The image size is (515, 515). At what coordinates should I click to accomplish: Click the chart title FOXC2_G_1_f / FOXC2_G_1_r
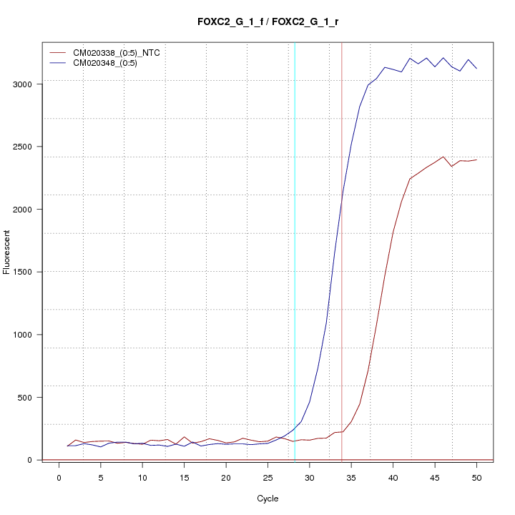coord(268,21)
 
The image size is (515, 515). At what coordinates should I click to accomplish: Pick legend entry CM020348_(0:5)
coord(110,63)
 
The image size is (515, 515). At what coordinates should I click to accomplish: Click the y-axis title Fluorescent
coord(8,252)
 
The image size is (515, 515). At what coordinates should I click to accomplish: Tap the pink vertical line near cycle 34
coord(342,286)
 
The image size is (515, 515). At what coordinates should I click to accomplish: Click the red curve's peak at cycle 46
coord(443,157)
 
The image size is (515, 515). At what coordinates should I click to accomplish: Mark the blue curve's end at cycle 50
coord(476,69)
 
